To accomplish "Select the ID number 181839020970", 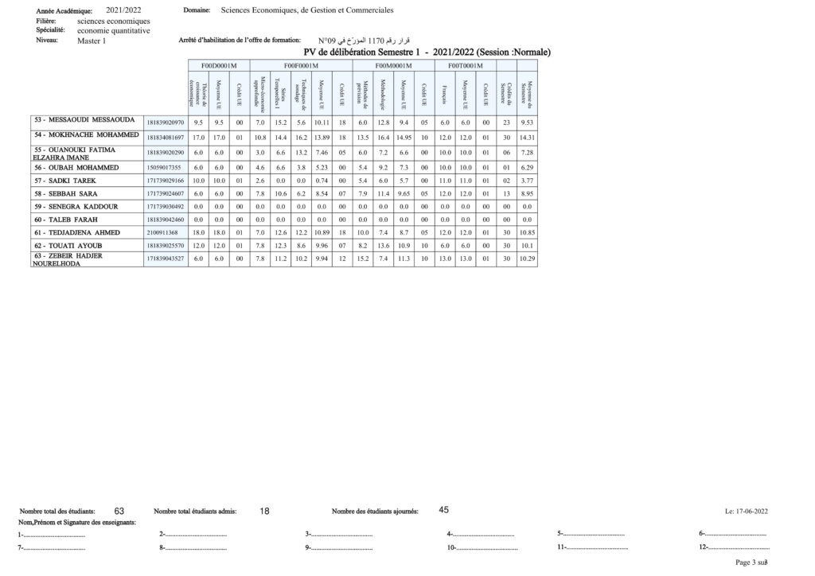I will [x=166, y=123].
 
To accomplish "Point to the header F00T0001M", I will [x=465, y=65].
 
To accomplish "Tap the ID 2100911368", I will [x=162, y=232].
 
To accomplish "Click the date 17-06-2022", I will [x=751, y=512].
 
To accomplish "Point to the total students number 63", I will [x=119, y=511].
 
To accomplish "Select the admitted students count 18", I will [x=264, y=512].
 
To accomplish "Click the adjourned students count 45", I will [x=444, y=509].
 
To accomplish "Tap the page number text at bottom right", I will [x=751, y=562].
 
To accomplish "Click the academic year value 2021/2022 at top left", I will [x=123, y=10].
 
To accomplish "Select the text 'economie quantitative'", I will [x=113, y=30].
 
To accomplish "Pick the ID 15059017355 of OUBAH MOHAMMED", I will [x=164, y=168].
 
